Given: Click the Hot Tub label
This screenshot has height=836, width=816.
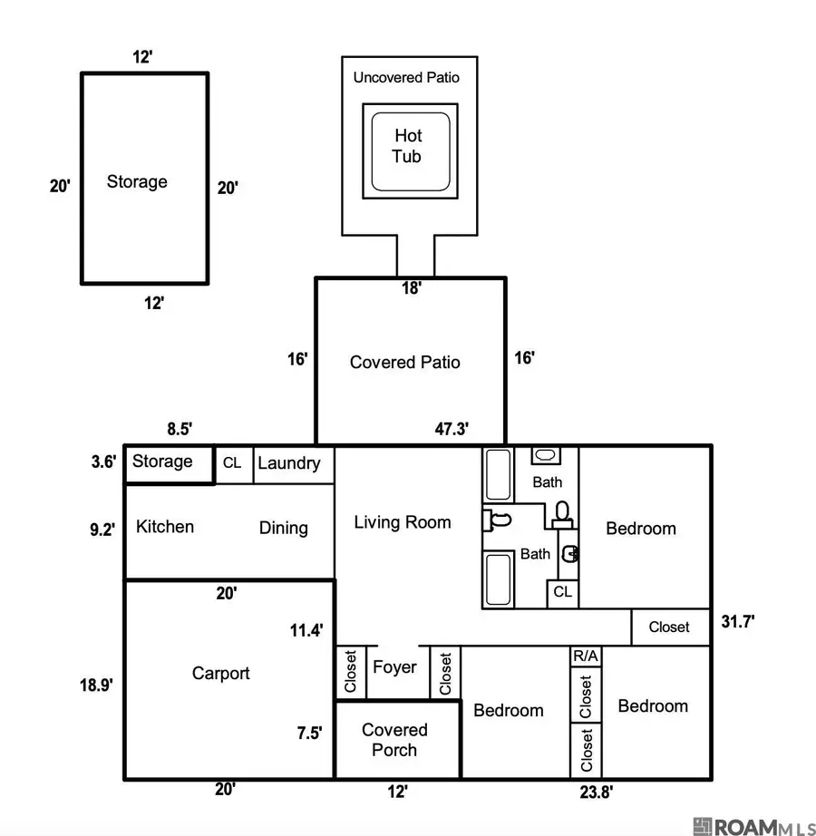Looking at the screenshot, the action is tap(408, 146).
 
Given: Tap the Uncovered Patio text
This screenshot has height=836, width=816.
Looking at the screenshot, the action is tap(406, 77).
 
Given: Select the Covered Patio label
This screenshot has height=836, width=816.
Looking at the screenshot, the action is tap(404, 362).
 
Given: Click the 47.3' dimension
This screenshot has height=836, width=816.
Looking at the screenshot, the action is tap(452, 429).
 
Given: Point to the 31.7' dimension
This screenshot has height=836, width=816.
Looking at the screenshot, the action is tap(738, 621).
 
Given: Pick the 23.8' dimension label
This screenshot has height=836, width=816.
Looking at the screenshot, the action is tap(597, 792).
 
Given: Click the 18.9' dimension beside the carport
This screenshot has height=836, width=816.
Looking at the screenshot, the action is tap(96, 685).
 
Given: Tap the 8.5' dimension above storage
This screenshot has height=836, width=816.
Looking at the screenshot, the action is tap(180, 429).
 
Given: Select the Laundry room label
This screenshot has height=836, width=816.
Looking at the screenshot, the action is tap(289, 462).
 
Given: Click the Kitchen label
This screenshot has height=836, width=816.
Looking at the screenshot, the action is tap(165, 527).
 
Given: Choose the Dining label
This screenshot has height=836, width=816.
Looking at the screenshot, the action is tap(284, 528).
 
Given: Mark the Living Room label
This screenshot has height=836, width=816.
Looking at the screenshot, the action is tap(403, 522).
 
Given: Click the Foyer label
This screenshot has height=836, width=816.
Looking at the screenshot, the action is tap(394, 667).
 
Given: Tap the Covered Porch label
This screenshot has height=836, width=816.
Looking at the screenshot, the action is tap(394, 740).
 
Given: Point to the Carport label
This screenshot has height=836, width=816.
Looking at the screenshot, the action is tap(220, 674).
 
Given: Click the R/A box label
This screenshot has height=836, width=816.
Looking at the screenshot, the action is tap(585, 656).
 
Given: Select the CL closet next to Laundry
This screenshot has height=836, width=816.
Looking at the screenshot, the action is tap(232, 462).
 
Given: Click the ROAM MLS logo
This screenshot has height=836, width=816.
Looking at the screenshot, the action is tap(754, 826).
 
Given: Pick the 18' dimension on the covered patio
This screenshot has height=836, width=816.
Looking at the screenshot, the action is tap(412, 288).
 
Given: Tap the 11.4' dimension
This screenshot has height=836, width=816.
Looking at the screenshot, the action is tap(306, 630).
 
